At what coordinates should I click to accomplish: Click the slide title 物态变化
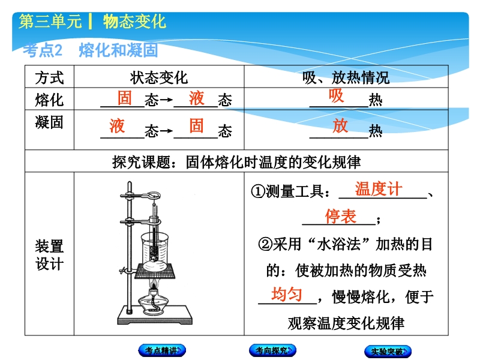pyautogui.click(x=134, y=22)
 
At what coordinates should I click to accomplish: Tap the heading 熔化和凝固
pyautogui.click(x=118, y=50)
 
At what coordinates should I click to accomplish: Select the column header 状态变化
pyautogui.click(x=158, y=77)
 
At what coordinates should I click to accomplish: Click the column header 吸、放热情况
pyautogui.click(x=346, y=77)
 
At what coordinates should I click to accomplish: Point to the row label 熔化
pyautogui.click(x=49, y=100)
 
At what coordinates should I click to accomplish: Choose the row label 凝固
pyautogui.click(x=49, y=122)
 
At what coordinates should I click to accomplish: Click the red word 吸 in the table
pyautogui.click(x=336, y=96)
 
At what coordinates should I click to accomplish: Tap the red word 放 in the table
pyautogui.click(x=340, y=125)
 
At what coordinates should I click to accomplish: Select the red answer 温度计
pyautogui.click(x=379, y=189)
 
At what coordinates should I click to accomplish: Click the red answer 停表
pyautogui.click(x=341, y=217)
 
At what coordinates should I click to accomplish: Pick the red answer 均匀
pyautogui.click(x=287, y=295)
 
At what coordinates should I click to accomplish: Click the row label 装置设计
pyautogui.click(x=49, y=255)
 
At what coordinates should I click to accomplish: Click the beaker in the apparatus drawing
pyautogui.click(x=155, y=251)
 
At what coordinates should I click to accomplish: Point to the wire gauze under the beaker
pyautogui.click(x=155, y=271)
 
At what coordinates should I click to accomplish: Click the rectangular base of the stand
pyautogui.click(x=155, y=315)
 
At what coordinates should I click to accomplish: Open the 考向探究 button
pyautogui.click(x=272, y=350)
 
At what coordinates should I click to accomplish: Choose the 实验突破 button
pyautogui.click(x=388, y=351)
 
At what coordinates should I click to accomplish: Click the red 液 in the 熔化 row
pyautogui.click(x=197, y=98)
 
